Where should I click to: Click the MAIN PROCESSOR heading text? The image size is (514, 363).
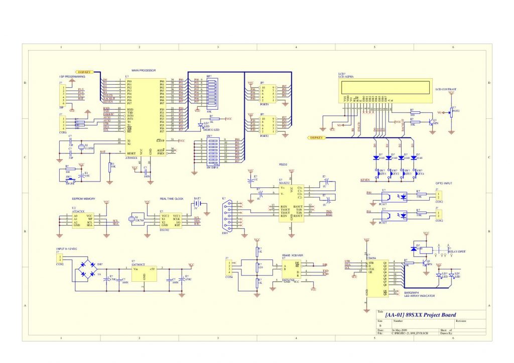(x=144, y=71)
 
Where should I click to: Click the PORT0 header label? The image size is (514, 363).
(x=265, y=105)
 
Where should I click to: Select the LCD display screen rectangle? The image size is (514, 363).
(x=385, y=89)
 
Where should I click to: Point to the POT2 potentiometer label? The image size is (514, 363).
(x=456, y=111)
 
